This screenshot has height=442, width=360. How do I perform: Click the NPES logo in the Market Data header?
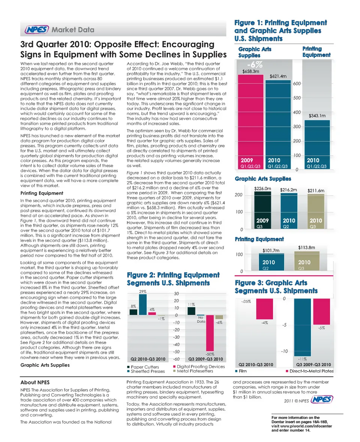[x=37, y=30]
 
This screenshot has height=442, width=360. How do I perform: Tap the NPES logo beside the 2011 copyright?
[x=322, y=400]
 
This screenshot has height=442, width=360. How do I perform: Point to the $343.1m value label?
[x=317, y=116]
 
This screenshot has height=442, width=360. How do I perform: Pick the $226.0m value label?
[x=262, y=189]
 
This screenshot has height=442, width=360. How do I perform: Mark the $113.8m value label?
[x=306, y=247]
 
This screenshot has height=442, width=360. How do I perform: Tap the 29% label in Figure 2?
[x=142, y=292]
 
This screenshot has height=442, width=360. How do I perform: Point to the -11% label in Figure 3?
[x=302, y=359]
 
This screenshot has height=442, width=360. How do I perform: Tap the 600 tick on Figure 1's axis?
[x=297, y=84]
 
